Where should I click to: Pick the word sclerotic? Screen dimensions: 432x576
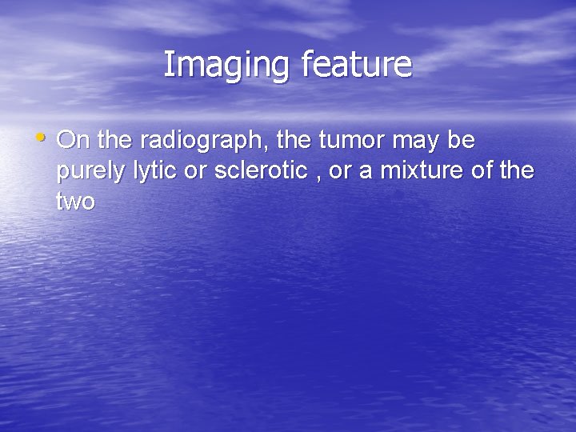click(258, 171)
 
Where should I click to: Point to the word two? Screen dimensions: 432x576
click(75, 202)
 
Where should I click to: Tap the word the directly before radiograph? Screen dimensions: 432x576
click(116, 141)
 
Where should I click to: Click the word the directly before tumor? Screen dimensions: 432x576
click(296, 141)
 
